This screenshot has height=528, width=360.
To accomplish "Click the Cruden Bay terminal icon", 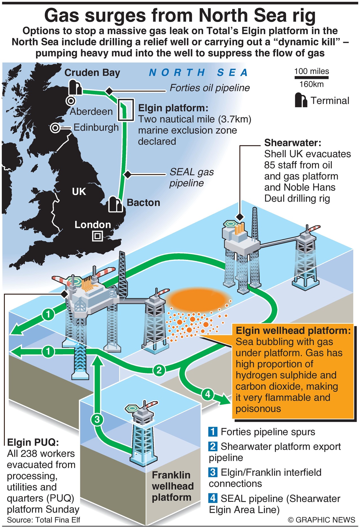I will click(x=75, y=88).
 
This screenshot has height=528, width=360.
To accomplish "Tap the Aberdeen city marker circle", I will click(x=70, y=101).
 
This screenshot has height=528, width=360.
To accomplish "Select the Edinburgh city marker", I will click(x=55, y=128).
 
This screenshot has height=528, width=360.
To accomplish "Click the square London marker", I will click(x=97, y=236).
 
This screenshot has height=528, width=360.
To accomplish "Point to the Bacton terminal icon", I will click(x=115, y=204).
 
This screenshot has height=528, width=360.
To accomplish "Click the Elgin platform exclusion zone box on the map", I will click(x=126, y=110).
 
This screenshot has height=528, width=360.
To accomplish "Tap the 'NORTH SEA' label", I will click(x=198, y=73).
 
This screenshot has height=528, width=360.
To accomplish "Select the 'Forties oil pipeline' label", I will click(x=210, y=88).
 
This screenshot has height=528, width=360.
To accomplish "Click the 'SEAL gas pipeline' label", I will click(x=192, y=177).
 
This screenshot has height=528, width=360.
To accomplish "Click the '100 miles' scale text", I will click(x=312, y=71).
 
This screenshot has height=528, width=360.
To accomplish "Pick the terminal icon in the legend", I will click(x=301, y=100).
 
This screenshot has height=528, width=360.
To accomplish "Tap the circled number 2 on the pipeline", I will click(x=159, y=370).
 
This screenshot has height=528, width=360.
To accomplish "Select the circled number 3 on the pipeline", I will click(x=97, y=420).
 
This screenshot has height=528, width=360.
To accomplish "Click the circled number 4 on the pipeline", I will click(x=208, y=394).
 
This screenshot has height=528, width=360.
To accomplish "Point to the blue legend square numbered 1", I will click(x=213, y=431).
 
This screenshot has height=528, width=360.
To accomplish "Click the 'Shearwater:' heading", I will click(x=292, y=143).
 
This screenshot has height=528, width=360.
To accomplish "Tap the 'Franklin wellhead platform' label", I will click(x=172, y=486).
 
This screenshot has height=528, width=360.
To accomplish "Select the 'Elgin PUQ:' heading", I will click(x=33, y=442).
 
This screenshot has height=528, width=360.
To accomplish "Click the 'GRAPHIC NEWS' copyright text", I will click(x=321, y=520).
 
